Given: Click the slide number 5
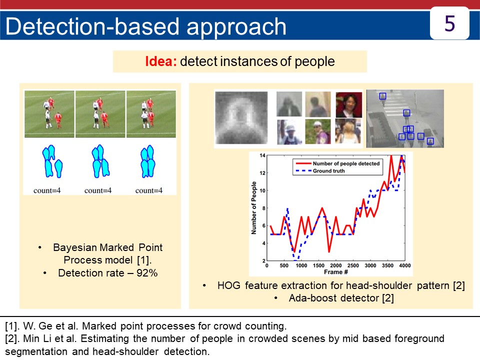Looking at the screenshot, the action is point(449,23).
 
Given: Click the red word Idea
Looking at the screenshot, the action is point(160,61).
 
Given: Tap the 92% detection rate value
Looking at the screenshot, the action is point(147,273).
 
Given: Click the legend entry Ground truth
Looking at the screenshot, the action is point(329,171).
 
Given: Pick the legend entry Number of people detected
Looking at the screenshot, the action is point(346,163).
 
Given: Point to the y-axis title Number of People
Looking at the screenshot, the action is point(254,208).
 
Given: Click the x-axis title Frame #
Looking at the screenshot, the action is point(336,272).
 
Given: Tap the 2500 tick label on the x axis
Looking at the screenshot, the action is point(353,265).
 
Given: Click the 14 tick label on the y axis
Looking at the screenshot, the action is point(262,155).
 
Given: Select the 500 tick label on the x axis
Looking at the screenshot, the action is point(284,265).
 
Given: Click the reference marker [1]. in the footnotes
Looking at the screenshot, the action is point(12,326).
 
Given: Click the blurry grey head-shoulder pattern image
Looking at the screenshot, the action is point(241,118).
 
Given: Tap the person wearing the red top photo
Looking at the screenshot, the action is point(348,105).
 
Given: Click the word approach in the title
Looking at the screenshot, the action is point(236,26).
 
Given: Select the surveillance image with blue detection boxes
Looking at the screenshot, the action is point(405,118).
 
